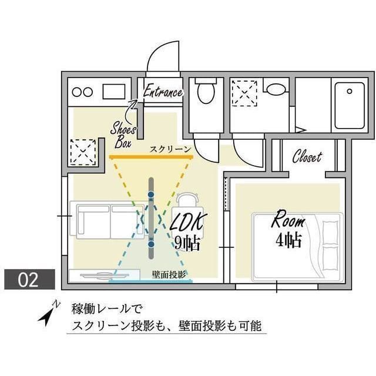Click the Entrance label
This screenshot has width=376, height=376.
[x=163, y=92]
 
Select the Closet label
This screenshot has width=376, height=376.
[x=307, y=157]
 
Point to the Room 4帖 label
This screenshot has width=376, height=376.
[x=288, y=230]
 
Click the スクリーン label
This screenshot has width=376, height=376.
[x=170, y=150]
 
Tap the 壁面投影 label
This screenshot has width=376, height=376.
[x=169, y=274]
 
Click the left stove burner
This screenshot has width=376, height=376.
[x=76, y=92]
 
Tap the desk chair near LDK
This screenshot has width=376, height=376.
[x=187, y=200]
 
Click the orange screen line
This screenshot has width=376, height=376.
[x=150, y=157]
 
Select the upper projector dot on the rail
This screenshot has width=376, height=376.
[x=151, y=194]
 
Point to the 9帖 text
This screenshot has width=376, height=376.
[x=187, y=242]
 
